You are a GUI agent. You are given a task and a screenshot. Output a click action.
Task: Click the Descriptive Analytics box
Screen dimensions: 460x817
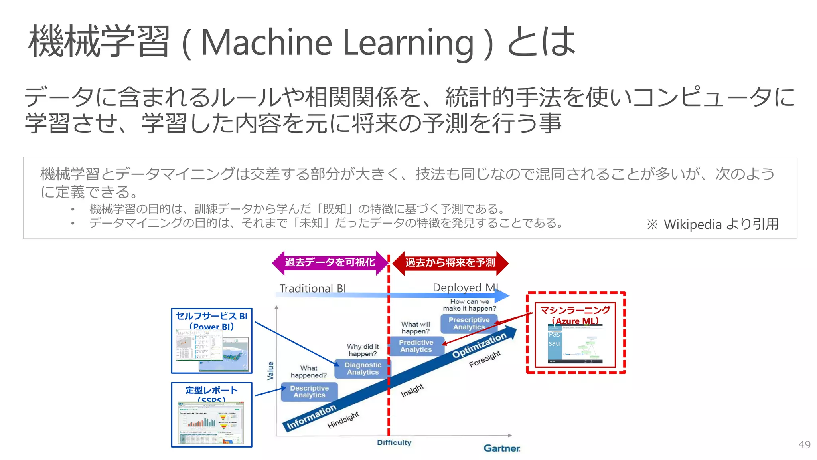309,392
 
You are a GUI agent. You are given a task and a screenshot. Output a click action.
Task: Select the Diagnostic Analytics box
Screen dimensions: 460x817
363,369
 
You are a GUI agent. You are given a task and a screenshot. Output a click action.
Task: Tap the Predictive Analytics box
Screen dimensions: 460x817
416,346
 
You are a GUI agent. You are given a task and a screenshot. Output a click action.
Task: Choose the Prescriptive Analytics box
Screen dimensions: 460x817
469,323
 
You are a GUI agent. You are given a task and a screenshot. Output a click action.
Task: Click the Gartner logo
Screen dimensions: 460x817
502,448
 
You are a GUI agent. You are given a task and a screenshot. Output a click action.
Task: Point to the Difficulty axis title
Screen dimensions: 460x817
394,442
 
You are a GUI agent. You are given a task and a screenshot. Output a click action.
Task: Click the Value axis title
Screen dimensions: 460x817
270,371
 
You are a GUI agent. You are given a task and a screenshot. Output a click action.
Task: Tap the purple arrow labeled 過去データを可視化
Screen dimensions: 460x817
330,262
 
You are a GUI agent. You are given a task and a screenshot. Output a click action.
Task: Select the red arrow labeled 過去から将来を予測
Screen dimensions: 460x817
450,263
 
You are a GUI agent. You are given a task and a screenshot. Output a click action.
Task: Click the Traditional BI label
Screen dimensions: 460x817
312,288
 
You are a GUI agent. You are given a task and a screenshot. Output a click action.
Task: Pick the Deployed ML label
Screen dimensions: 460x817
466,287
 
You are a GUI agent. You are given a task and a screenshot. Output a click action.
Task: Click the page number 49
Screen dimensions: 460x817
804,445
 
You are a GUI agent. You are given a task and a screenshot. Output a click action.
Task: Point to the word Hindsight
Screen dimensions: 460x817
343,420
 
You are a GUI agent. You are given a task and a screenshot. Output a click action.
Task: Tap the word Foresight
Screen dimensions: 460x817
485,359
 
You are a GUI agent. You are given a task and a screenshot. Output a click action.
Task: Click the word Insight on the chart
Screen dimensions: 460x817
412,390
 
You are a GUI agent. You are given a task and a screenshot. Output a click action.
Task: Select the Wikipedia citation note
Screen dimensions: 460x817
712,224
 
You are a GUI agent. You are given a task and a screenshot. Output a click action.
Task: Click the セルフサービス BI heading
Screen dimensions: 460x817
211,316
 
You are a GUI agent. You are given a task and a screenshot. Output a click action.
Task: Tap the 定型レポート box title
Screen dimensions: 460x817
211,390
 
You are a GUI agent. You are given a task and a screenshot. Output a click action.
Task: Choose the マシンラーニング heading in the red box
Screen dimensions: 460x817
575,310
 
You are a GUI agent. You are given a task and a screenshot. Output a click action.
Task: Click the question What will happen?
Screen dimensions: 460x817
415,328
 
